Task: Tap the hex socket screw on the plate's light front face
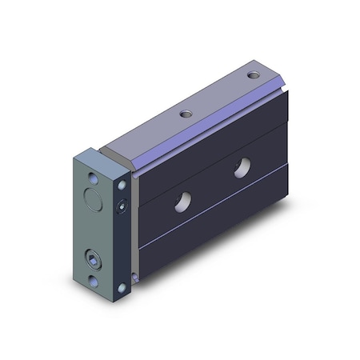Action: coord(94,259)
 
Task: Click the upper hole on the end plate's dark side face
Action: coord(122,185)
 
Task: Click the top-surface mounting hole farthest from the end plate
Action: coord(254,74)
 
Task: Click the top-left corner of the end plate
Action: coord(78,154)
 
